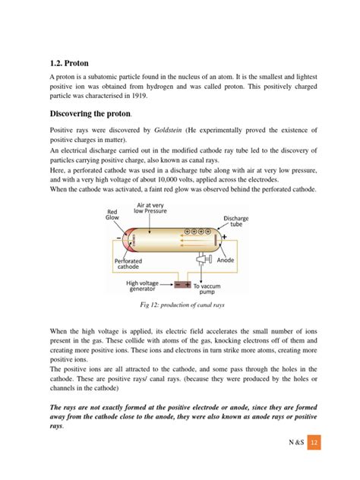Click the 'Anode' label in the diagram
(226, 261)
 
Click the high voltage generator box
(182, 285)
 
